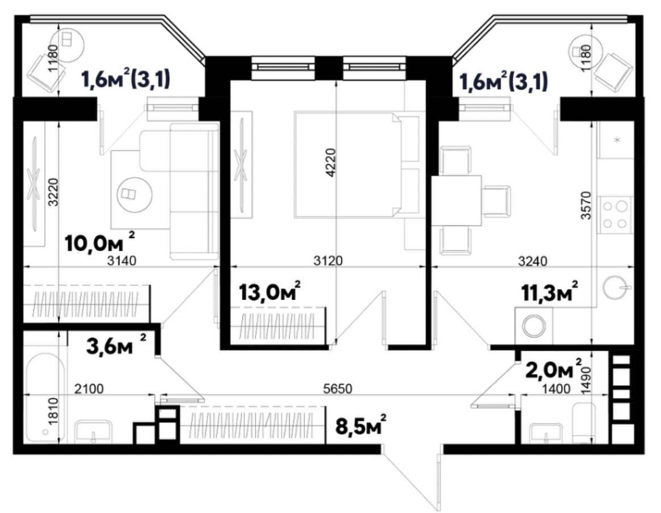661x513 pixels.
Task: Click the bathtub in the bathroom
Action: click(45, 398)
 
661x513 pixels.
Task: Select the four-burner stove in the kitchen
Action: click(616, 214)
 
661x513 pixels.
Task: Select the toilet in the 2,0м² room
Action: click(583, 423)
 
